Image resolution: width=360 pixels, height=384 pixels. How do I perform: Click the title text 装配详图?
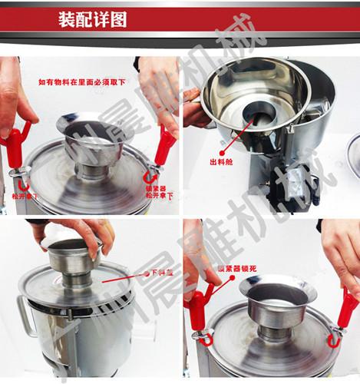coord(93,19)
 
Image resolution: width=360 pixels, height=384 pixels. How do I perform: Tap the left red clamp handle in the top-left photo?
coord(14,146)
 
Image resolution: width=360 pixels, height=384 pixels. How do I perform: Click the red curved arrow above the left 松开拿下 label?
coord(24,184)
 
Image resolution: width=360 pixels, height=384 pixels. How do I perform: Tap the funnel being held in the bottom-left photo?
coord(73,257)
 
